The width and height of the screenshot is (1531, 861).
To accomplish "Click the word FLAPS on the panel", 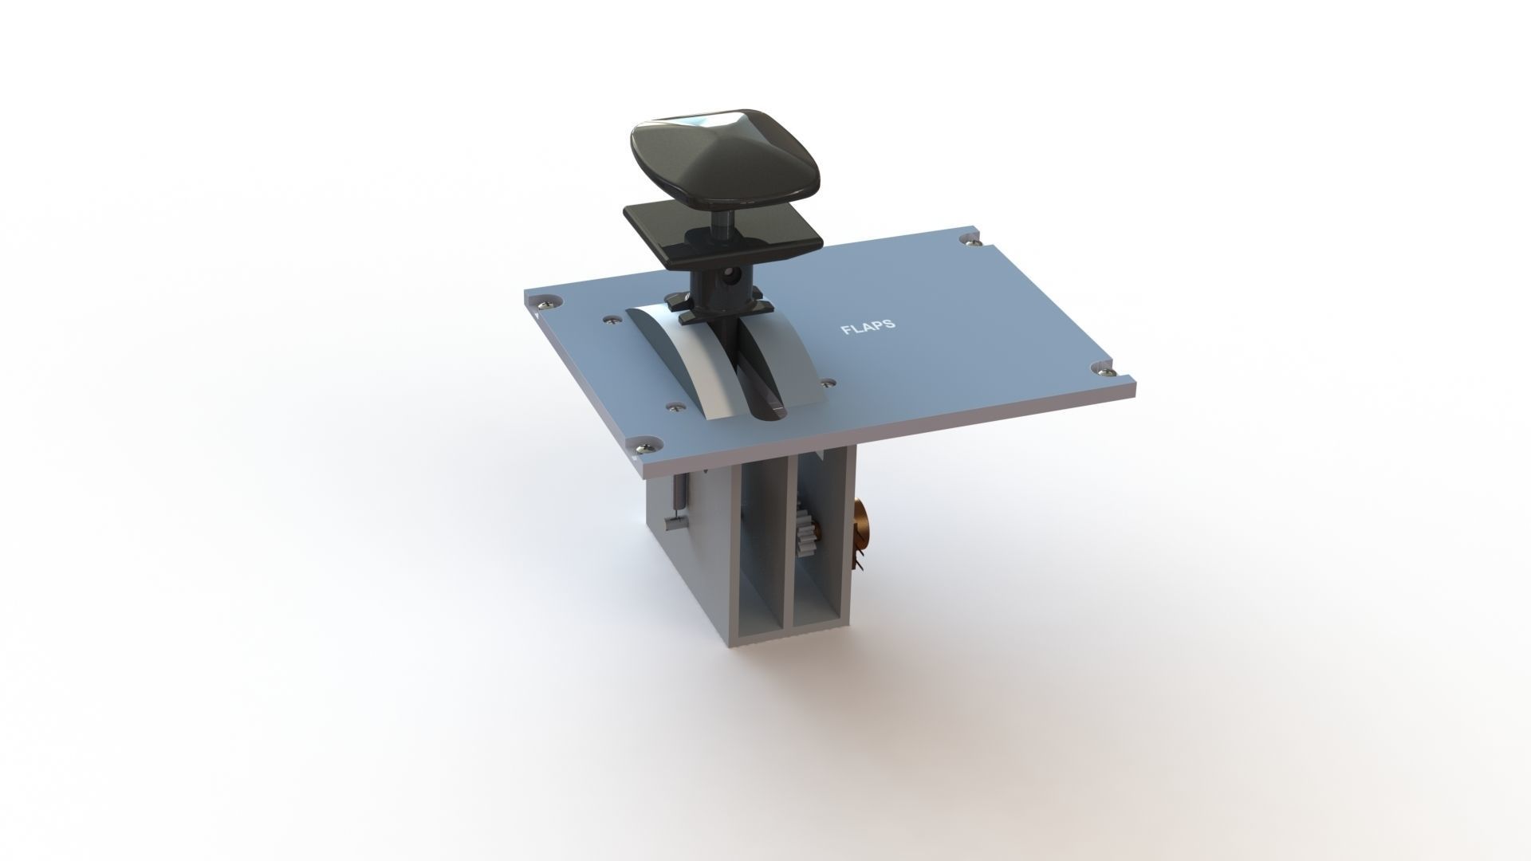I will pos(868,327).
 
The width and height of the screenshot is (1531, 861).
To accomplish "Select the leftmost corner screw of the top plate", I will pos(546,301).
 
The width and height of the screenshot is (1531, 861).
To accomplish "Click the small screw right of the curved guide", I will pos(829,383).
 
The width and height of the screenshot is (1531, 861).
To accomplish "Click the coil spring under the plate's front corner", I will pos(677,498).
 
